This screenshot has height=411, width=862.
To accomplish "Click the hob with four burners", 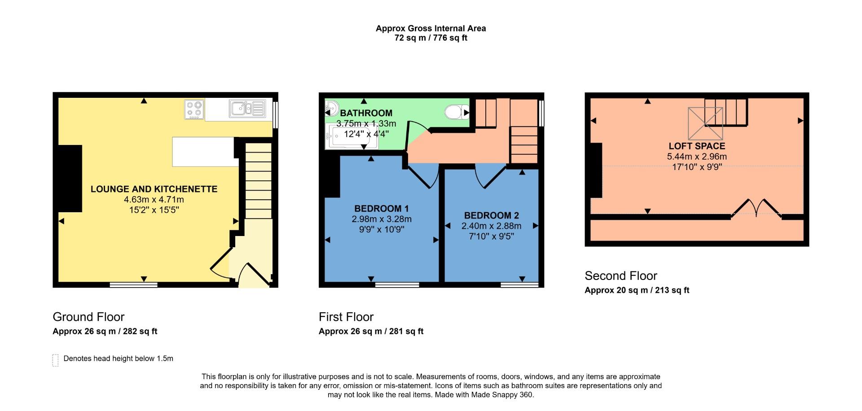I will pos(194,109).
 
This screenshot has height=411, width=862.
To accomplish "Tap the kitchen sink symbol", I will pos(247,109).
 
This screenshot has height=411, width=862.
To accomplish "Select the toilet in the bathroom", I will pos(454,112).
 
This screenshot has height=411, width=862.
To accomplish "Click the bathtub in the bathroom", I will pos(351,136).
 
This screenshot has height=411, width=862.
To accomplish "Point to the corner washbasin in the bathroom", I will pos(331,108).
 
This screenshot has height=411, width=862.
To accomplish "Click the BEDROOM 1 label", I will pos(381,209).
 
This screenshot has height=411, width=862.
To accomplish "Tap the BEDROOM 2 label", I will pos(491,215).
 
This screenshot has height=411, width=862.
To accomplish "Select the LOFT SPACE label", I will pos(697,146).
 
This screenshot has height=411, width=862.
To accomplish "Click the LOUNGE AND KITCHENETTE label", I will pos(154,189).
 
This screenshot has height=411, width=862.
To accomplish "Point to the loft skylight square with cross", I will pos(705,124).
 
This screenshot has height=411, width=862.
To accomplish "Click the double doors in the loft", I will pos(756,208).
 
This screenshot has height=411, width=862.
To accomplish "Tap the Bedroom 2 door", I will pos(489,177).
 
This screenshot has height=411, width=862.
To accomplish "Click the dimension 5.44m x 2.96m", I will pos(697,157).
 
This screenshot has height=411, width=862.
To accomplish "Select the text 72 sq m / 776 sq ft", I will pos(431,38).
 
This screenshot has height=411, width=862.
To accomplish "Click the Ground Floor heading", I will pos(88,317).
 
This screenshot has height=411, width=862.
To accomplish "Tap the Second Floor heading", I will pos(620,275).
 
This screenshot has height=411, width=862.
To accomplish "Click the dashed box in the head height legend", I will pos(56,360).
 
